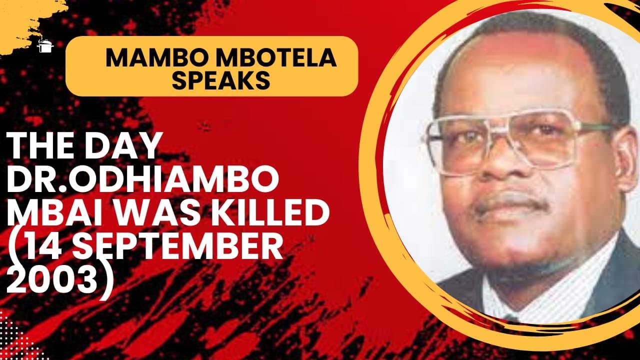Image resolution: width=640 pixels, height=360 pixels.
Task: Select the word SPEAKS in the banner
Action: pos(221,80)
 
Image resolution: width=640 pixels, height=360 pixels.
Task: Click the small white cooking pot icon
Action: pos(45,46)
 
